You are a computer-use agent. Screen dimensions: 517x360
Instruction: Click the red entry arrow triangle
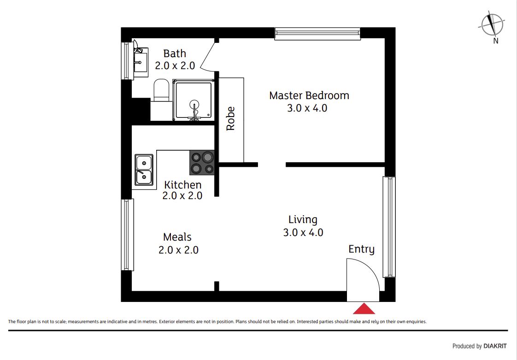pyautogui.click(x=364, y=309)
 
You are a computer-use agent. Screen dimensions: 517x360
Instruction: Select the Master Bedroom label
pyautogui.click(x=309, y=95)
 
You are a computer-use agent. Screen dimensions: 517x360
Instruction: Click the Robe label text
pyautogui.click(x=230, y=118)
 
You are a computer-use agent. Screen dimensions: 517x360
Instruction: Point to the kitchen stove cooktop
pyautogui.click(x=202, y=162)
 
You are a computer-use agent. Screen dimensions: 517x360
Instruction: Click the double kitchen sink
pyautogui.click(x=144, y=170)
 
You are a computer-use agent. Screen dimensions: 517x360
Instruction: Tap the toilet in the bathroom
pyautogui.click(x=161, y=90)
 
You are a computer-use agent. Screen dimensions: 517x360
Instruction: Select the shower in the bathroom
pyautogui.click(x=194, y=100)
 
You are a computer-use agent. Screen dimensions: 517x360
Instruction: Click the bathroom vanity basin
pyautogui.click(x=141, y=60)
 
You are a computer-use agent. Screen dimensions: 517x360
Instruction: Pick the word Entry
pyautogui.click(x=361, y=249)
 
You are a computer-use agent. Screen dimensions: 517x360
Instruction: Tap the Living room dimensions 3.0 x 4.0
pyautogui.click(x=303, y=232)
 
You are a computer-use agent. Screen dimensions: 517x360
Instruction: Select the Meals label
pyautogui.click(x=177, y=237)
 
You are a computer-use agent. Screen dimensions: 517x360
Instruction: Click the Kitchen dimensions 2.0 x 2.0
pyautogui.click(x=182, y=196)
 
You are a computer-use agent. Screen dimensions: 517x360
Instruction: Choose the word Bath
pyautogui.click(x=175, y=53)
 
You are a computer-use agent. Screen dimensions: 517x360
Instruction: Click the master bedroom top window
pyautogui.click(x=317, y=33)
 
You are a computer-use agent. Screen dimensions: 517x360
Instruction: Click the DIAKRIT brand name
pyautogui.click(x=495, y=346)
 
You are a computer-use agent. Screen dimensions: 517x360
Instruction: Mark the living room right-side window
pyautogui.click(x=389, y=227)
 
